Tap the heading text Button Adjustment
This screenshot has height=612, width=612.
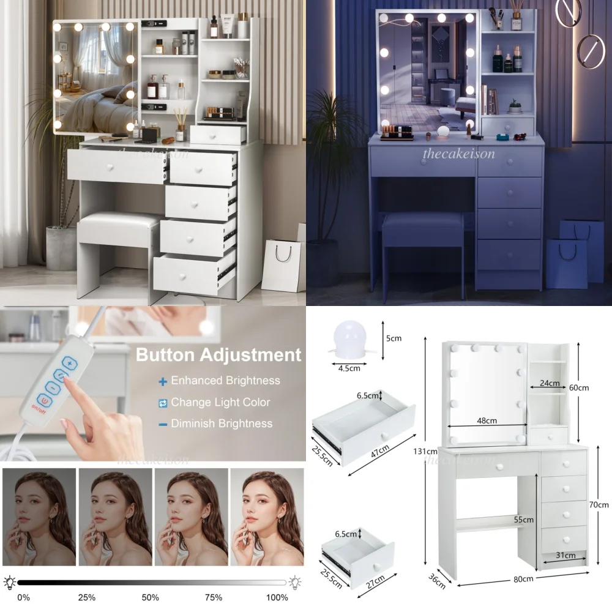pyautogui.click(x=218, y=355)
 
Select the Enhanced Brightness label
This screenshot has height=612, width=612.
pyautogui.click(x=225, y=381)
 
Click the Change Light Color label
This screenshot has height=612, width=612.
pyautogui.click(x=220, y=403)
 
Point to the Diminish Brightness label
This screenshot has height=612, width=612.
pyautogui.click(x=222, y=424)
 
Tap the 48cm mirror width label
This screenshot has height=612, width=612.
pyautogui.click(x=487, y=420)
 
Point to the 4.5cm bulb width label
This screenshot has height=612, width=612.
pyautogui.click(x=348, y=368)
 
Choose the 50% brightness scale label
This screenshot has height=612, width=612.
pyautogui.click(x=151, y=597)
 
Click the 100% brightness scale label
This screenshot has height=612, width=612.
pyautogui.click(x=277, y=597)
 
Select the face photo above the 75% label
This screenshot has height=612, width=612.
pyautogui.click(x=191, y=518)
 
